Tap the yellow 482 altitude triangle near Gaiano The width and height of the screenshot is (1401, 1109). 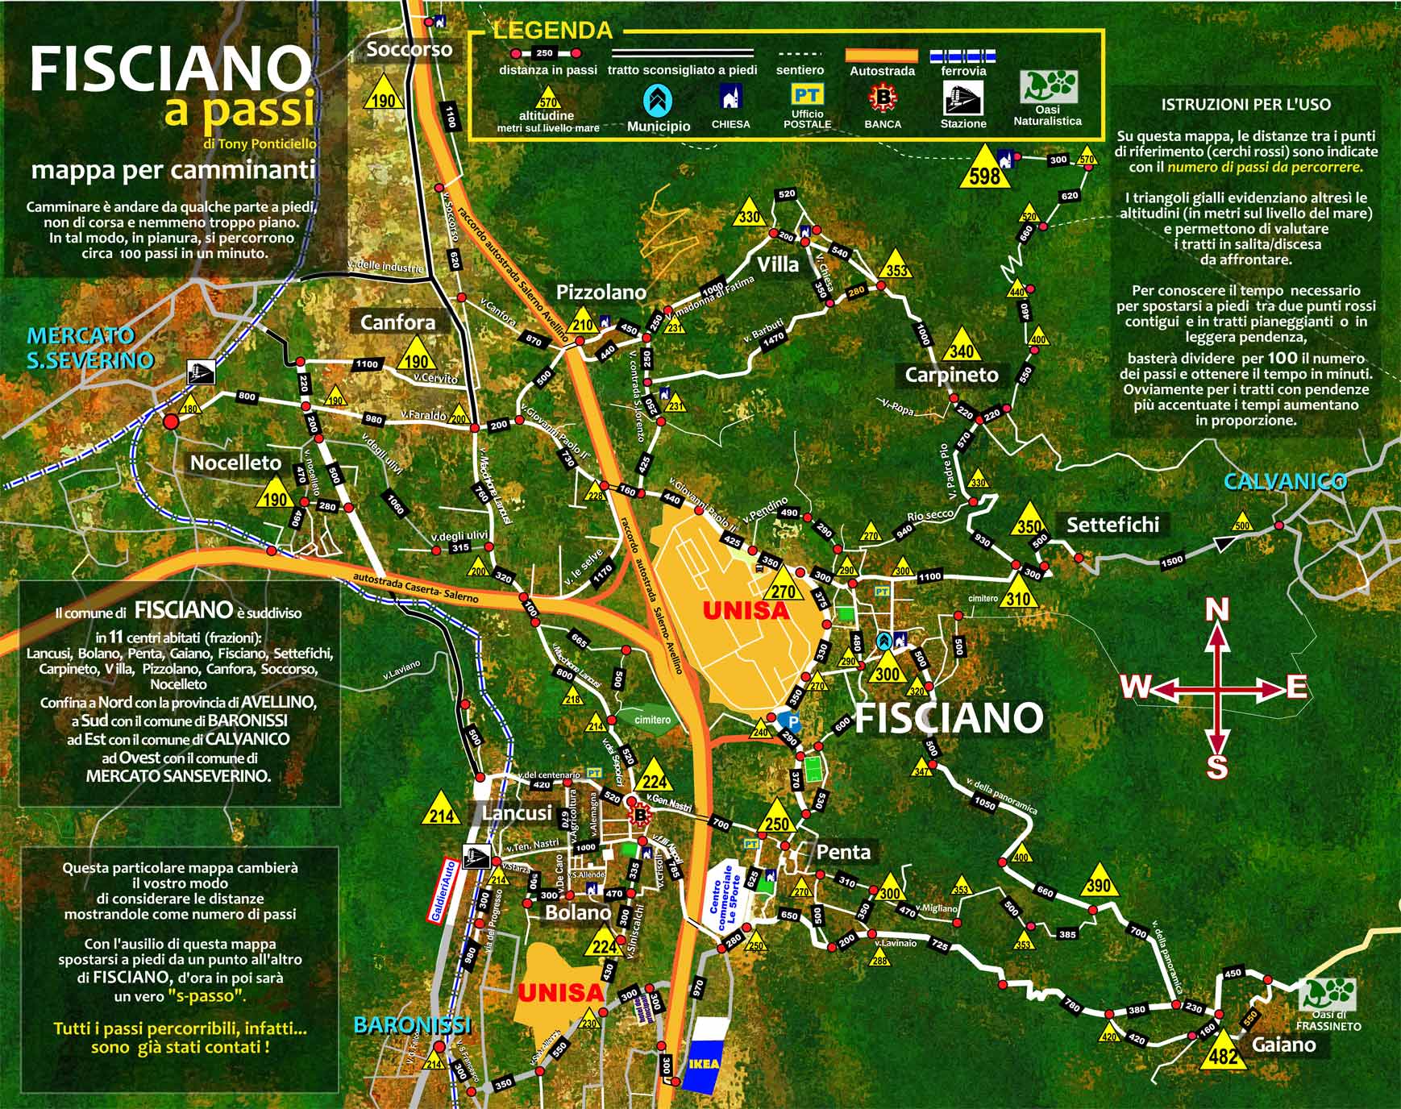tap(1224, 1052)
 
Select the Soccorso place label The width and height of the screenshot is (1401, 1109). tap(409, 50)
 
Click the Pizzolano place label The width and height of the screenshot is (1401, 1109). tap(602, 292)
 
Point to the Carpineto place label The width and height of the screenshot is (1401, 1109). tap(951, 375)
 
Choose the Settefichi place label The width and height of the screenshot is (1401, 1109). tap(1112, 525)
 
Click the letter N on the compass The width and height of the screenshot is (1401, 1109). tap(1216, 610)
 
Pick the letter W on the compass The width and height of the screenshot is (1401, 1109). tap(1136, 687)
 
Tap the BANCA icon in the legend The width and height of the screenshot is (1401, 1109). tap(882, 98)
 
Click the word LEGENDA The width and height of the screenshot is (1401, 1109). tap(552, 31)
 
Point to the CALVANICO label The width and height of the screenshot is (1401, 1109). tap(1285, 482)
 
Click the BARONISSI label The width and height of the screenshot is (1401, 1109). tap(412, 1024)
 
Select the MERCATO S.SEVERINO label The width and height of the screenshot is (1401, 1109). tap(90, 347)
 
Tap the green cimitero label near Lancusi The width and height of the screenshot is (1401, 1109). tap(652, 720)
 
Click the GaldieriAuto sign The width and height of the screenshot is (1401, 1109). tap(441, 891)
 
